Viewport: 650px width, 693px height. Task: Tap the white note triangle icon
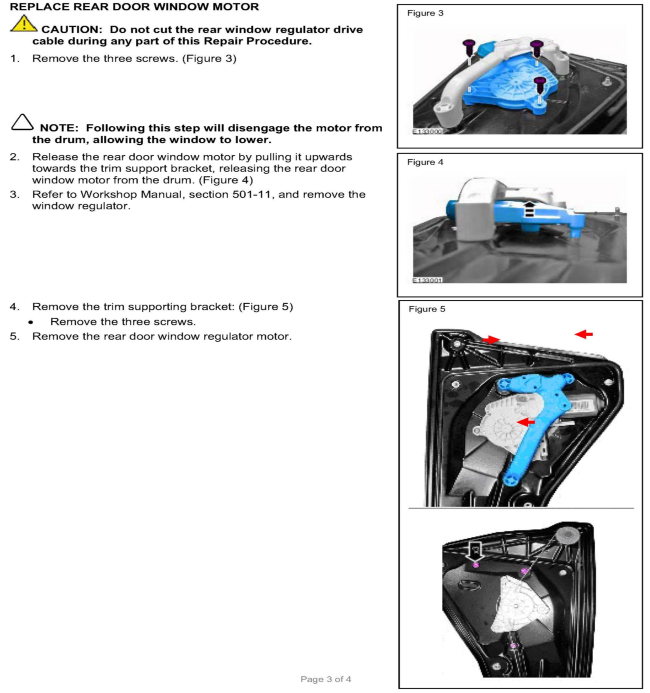coord(22,122)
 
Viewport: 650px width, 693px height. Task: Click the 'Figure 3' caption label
coord(425,13)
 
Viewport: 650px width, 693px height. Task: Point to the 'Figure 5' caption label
coord(427,309)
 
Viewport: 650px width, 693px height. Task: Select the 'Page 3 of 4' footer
coord(325,679)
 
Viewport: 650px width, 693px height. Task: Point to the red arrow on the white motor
coord(526,422)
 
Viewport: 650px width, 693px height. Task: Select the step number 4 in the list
coord(14,307)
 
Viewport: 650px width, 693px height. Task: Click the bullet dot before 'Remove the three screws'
coord(31,322)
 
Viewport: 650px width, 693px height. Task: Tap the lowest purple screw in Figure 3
coord(540,84)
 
